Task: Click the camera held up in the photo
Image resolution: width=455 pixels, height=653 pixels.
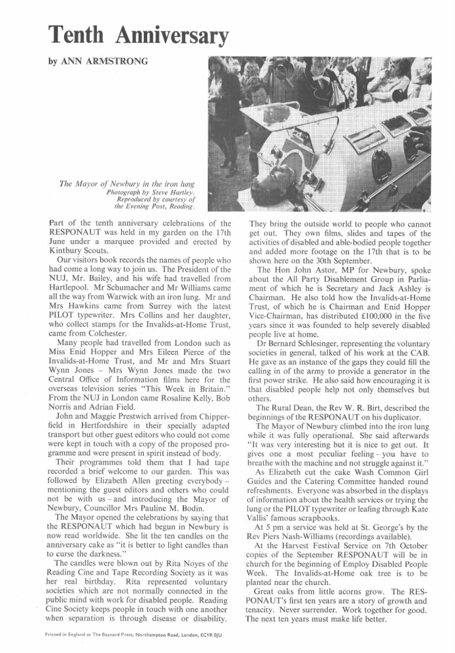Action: point(280,66)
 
